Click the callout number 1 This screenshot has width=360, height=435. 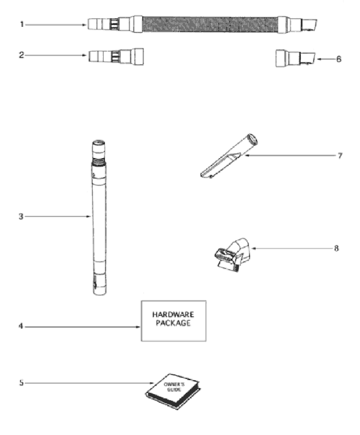(21, 24)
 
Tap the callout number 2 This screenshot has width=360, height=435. (21, 55)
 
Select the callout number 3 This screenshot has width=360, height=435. (21, 217)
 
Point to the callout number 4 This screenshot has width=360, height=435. (21, 326)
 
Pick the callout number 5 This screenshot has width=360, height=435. (21, 383)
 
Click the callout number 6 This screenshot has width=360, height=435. (339, 59)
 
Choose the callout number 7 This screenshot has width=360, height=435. (340, 156)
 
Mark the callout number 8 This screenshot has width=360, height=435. (336, 248)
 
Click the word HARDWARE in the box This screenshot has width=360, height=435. (173, 315)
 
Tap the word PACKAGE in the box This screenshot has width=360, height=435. (173, 323)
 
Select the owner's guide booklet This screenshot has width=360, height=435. (173, 391)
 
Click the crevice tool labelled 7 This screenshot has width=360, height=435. (229, 156)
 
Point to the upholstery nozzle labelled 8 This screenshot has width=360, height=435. (232, 254)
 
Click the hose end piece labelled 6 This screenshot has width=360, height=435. (295, 58)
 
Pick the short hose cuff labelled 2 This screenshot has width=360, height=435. (116, 57)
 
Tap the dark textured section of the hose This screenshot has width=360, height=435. (210, 24)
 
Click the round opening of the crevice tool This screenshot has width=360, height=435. (253, 138)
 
